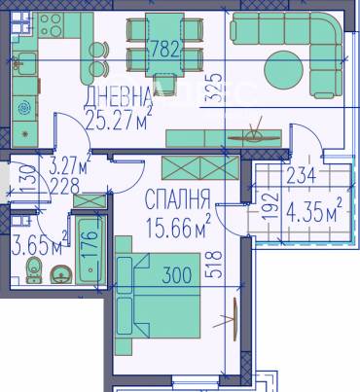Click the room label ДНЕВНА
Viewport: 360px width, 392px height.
119,95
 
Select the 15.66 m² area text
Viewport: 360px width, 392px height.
178,229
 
